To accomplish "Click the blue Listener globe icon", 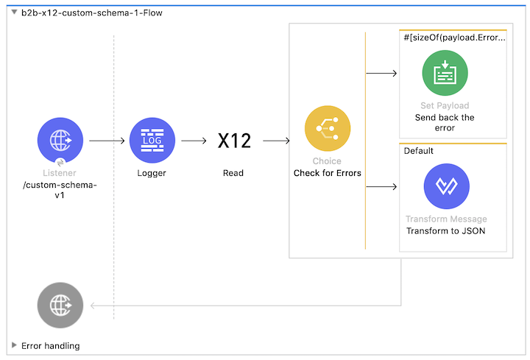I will pyautogui.click(x=60, y=140).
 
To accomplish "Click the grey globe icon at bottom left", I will pyautogui.click(x=60, y=305).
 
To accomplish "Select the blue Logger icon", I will pyautogui.click(x=152, y=140).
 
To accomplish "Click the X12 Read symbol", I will pyautogui.click(x=234, y=141).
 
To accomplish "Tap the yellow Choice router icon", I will pyautogui.click(x=328, y=129).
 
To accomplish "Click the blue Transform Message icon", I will pyautogui.click(x=446, y=186).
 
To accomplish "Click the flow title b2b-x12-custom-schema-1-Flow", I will pyautogui.click(x=91, y=13).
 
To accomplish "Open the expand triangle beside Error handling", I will pyautogui.click(x=14, y=345).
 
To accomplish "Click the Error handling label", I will pyautogui.click(x=50, y=345).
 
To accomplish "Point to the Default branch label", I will pyautogui.click(x=418, y=151).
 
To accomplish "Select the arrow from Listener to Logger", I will pyautogui.click(x=106, y=140).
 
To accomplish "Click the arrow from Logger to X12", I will pyautogui.click(x=194, y=140).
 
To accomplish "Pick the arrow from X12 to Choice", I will pyautogui.click(x=277, y=140).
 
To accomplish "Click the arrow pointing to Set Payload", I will pyautogui.click(x=382, y=74).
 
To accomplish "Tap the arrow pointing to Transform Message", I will pyautogui.click(x=382, y=186).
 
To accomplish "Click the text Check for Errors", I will pyautogui.click(x=327, y=174).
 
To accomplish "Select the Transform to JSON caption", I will pyautogui.click(x=445, y=230).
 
